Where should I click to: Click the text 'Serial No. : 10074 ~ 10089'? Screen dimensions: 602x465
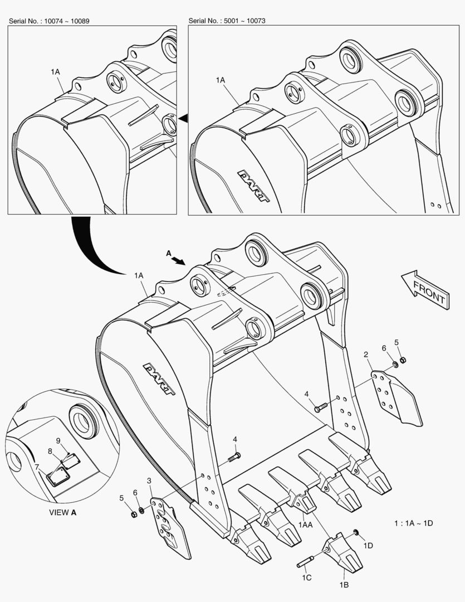click(x=49, y=21)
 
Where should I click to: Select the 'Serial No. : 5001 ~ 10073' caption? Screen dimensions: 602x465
click(x=227, y=21)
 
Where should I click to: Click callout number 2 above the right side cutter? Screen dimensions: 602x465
click(x=365, y=355)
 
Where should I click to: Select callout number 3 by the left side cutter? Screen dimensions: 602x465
click(x=149, y=480)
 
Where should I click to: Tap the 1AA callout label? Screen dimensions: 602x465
click(x=305, y=525)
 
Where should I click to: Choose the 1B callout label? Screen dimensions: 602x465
click(x=344, y=584)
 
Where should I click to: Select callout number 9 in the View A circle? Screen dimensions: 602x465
click(x=58, y=440)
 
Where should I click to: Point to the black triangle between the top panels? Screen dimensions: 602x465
click(x=183, y=118)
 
